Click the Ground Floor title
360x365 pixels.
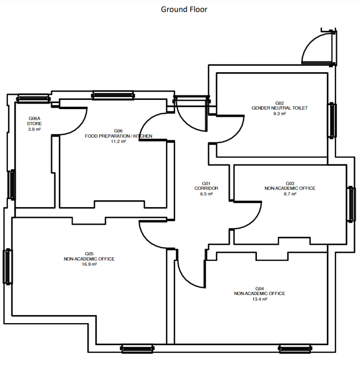(184, 9)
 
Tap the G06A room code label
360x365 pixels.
(34, 118)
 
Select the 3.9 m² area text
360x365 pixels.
(34, 129)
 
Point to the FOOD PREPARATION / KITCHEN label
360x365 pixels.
(118, 136)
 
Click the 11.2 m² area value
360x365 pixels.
(118, 141)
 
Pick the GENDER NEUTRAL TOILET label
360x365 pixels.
(280, 108)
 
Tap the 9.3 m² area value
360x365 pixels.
(280, 114)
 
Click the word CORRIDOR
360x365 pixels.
(206, 188)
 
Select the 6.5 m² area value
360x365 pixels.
(206, 194)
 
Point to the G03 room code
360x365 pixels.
(290, 184)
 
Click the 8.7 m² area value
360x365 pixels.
(290, 194)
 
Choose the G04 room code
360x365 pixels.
(259, 289)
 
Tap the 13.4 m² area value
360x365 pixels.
(259, 299)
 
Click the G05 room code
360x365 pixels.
(89, 254)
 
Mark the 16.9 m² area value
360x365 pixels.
(89, 264)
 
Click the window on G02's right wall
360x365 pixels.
(332, 121)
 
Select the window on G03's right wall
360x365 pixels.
(351, 204)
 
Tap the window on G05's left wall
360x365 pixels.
(8, 267)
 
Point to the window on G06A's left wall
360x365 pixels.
(11, 185)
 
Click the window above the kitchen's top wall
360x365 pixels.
(113, 95)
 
